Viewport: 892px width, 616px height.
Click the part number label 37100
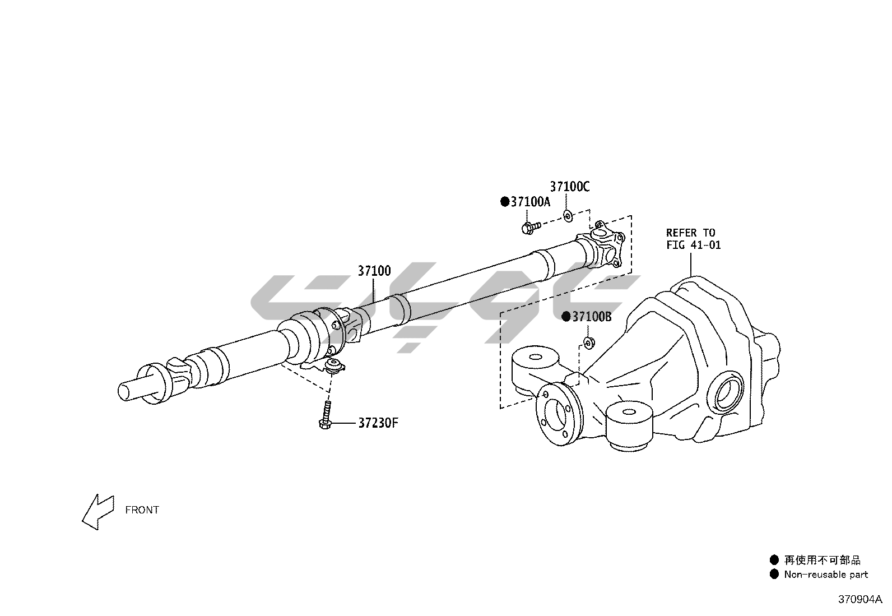click(x=374, y=271)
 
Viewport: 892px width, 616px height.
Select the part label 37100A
click(x=530, y=202)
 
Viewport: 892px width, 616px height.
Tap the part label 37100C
click(x=569, y=187)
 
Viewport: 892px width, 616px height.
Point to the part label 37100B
click(x=592, y=317)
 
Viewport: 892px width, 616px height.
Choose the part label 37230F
click(x=378, y=423)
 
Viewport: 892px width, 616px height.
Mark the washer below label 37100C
click(x=568, y=214)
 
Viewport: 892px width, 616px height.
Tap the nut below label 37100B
click(x=588, y=342)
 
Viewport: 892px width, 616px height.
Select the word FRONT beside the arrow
click(x=142, y=510)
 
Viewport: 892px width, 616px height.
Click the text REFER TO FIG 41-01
click(x=693, y=239)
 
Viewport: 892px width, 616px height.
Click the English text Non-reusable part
click(x=826, y=575)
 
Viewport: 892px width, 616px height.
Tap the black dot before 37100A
click(x=505, y=202)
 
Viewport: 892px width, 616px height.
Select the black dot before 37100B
click(x=566, y=317)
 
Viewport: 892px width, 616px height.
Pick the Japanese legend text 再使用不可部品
click(x=822, y=560)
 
